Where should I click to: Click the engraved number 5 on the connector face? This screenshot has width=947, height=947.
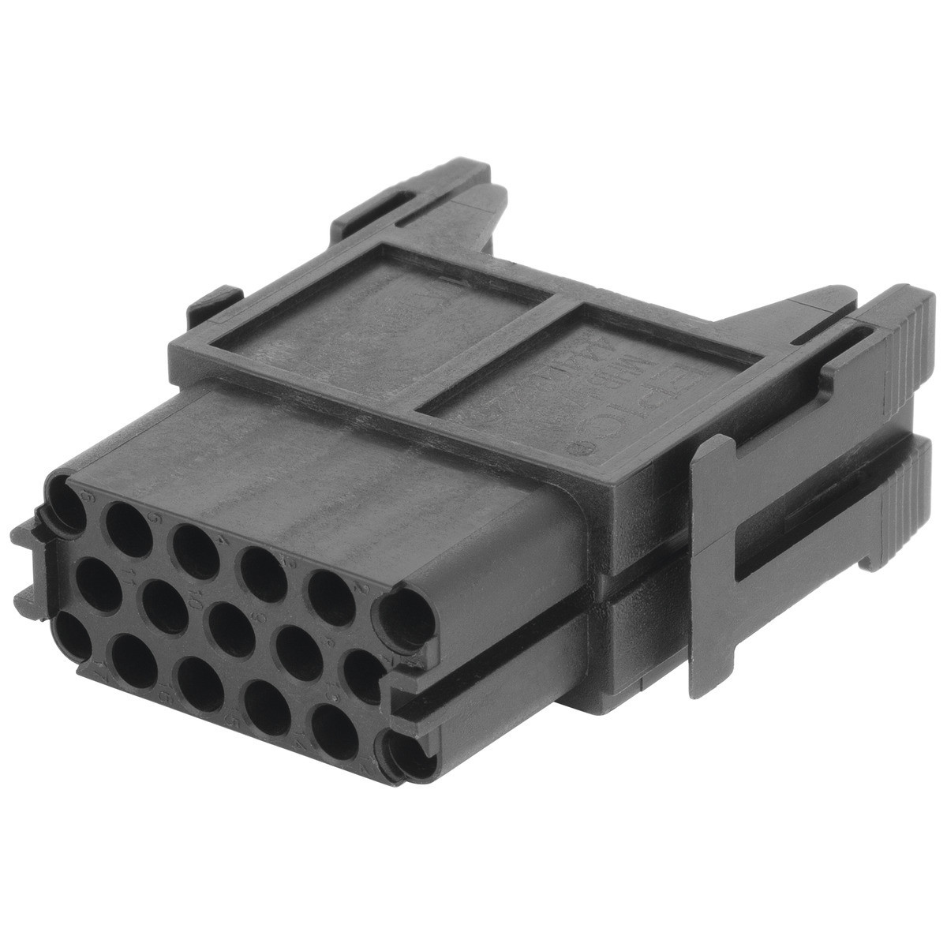pyautogui.click(x=155, y=518)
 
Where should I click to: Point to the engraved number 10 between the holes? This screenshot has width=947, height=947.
pyautogui.click(x=195, y=599)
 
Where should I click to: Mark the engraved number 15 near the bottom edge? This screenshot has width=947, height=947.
pyautogui.click(x=232, y=718)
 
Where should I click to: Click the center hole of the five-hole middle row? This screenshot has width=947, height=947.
pyautogui.click(x=232, y=629)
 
